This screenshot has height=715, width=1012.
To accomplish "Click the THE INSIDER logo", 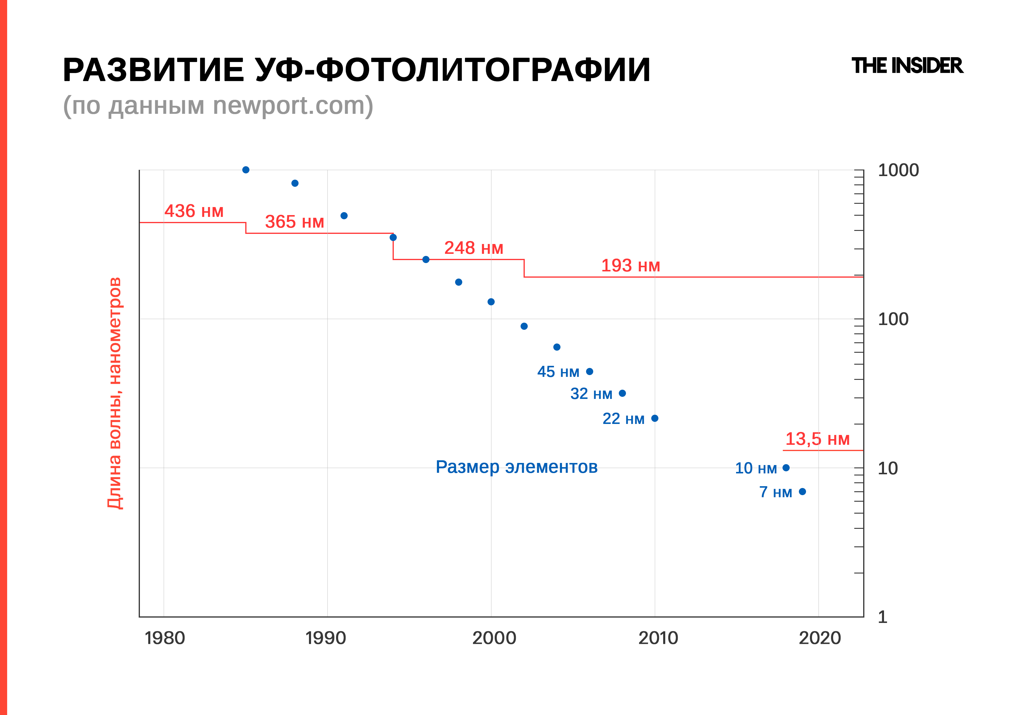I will pos(907,66).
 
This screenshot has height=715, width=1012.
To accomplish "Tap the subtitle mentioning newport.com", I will pos(218,106).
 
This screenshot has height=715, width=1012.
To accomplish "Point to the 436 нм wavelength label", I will pos(194,211).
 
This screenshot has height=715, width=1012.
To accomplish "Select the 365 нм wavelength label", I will pos(294,222).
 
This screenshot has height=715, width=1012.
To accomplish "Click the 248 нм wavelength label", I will pos(473,248).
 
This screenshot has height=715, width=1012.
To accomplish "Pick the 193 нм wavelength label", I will pos(630,266).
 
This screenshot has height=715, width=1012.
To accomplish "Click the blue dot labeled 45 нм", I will pos(590,372).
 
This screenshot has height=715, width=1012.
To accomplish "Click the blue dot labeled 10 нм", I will pos(786,467).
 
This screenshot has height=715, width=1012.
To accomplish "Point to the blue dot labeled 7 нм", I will pos(802,491).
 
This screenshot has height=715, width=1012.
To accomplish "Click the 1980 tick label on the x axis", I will pos(164,638).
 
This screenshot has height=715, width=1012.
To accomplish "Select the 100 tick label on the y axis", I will pos(893,319).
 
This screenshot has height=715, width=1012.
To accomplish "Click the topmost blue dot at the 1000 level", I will pos(246,170).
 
